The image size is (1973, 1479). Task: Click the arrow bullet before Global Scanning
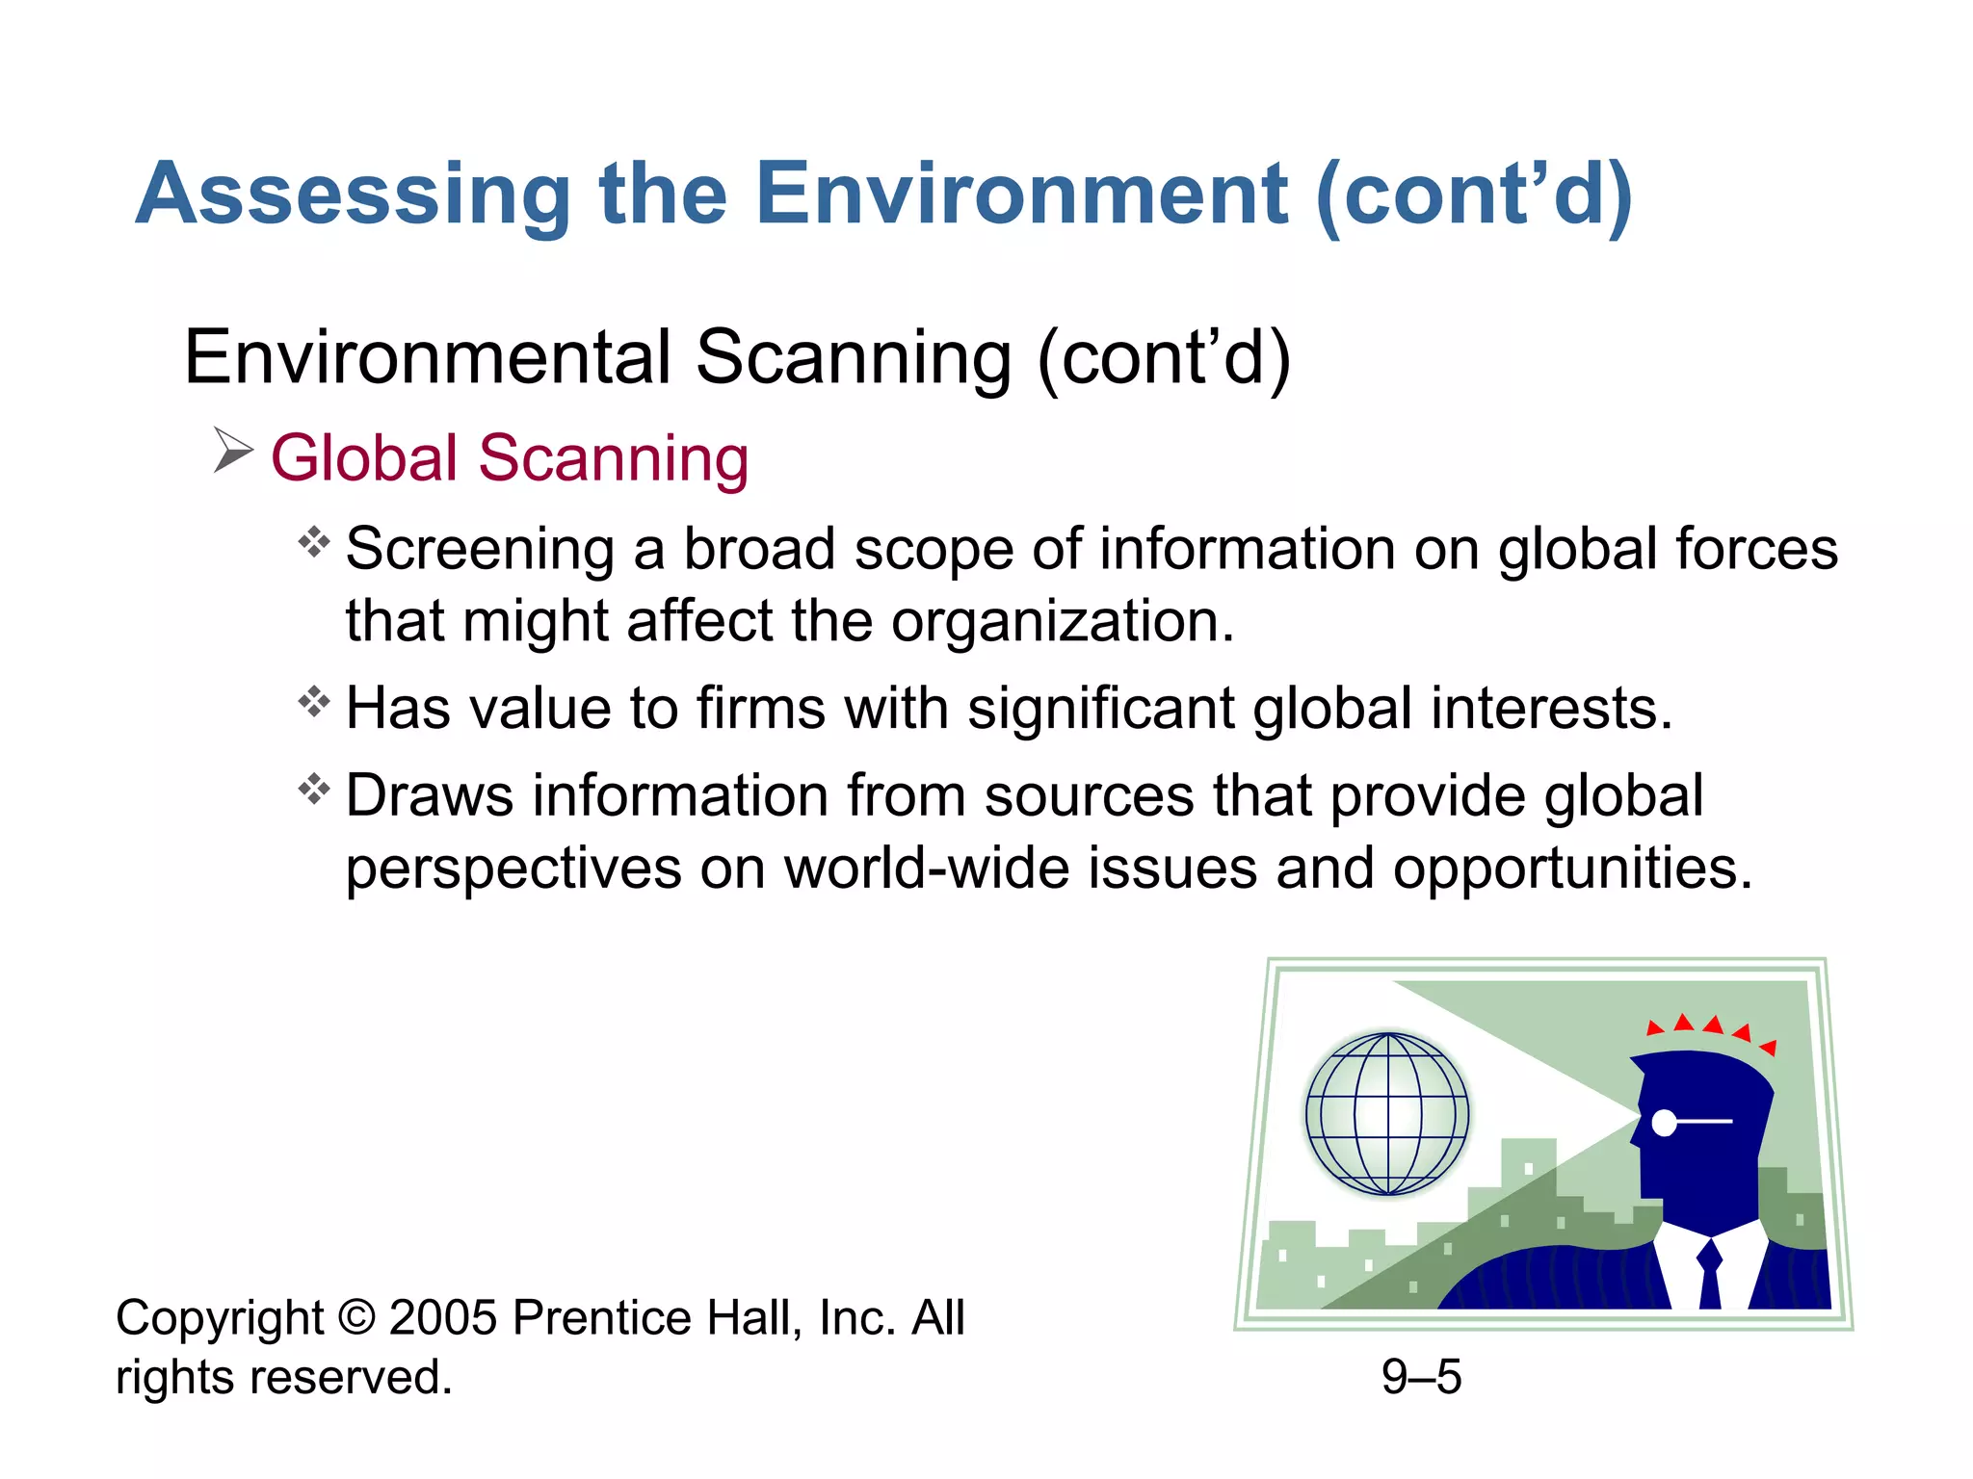click(x=232, y=451)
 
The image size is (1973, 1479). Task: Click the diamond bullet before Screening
click(x=314, y=543)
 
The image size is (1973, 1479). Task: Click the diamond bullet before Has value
click(x=314, y=702)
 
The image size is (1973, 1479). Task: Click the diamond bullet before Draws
click(x=314, y=790)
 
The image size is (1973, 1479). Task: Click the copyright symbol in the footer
click(x=356, y=1317)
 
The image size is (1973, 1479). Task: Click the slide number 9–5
click(x=1421, y=1376)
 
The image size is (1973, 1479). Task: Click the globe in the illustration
click(x=1387, y=1114)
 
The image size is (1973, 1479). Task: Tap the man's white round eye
click(x=1664, y=1122)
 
